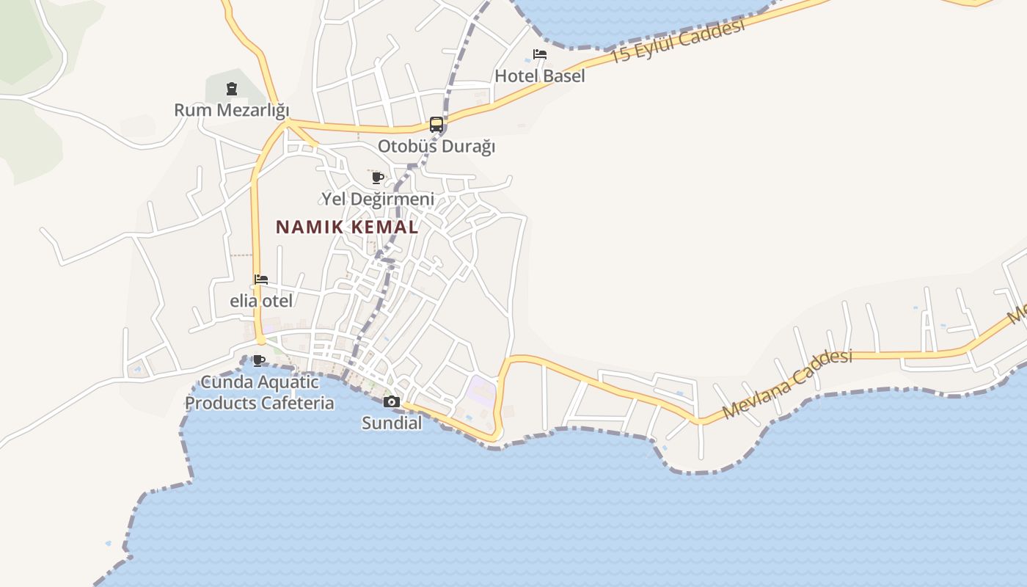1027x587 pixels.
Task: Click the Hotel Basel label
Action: pos(540,76)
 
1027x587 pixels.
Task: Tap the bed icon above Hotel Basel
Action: pos(540,54)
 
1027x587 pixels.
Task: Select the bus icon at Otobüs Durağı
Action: pos(436,124)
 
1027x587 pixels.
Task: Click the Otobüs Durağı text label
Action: pos(436,146)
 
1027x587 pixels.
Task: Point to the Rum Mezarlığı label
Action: pos(231,110)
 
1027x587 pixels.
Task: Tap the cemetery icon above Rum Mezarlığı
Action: pos(232,90)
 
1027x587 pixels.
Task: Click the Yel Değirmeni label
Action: pos(378,199)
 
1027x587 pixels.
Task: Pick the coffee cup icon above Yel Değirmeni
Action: pos(378,178)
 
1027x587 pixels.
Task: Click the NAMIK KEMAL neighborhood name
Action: pos(347,227)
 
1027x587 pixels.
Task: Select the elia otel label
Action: pos(261,301)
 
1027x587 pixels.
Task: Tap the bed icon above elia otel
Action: pos(261,280)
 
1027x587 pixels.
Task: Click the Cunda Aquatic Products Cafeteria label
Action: pos(259,393)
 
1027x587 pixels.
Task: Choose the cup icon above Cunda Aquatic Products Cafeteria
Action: pos(258,360)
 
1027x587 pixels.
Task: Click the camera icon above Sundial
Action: pos(392,401)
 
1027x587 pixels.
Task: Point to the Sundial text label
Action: pos(392,423)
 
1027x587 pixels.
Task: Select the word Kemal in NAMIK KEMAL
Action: pos(384,227)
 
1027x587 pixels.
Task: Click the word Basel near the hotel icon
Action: pos(564,76)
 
